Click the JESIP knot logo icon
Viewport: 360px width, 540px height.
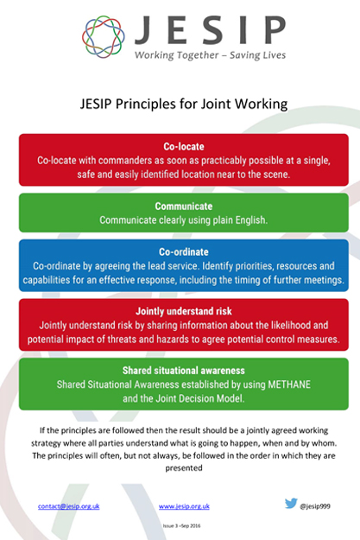click(104, 36)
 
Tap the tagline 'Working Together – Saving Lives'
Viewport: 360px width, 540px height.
click(210, 55)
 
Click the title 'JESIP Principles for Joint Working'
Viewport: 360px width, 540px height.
click(184, 104)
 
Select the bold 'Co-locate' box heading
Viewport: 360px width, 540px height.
click(184, 147)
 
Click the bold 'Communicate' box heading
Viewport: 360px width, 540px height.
click(184, 206)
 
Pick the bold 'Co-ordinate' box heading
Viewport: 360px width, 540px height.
click(184, 251)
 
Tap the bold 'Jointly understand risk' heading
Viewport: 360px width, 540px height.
click(184, 311)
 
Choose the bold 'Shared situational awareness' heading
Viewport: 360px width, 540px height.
click(184, 371)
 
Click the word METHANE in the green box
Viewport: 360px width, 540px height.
click(289, 384)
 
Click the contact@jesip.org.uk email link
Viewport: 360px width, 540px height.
click(69, 506)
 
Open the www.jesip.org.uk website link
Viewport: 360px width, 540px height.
click(184, 506)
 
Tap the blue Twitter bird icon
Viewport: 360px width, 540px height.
click(291, 504)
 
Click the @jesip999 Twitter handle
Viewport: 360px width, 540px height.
click(315, 506)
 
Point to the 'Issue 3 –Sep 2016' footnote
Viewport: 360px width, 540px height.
click(181, 526)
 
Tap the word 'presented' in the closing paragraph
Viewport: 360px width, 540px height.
click(184, 468)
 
